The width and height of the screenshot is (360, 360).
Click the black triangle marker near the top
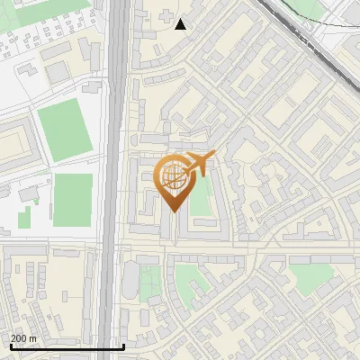181,23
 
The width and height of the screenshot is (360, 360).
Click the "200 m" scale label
23,338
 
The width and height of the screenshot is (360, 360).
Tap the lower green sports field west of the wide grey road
73,200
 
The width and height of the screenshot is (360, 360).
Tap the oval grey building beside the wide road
130,279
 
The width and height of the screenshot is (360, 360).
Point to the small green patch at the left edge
24,218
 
